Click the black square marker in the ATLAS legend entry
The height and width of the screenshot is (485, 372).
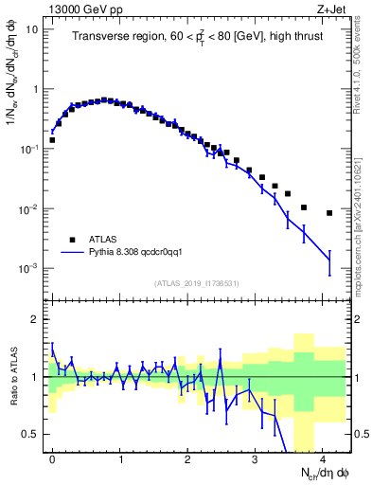(x=72, y=240)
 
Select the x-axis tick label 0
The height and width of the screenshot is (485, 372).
(x=52, y=456)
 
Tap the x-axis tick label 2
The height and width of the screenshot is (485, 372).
(x=187, y=456)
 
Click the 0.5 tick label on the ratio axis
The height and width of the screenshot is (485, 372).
(x=31, y=434)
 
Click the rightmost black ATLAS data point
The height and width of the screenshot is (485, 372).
(x=329, y=213)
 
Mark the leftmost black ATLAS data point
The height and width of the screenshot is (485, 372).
(x=52, y=140)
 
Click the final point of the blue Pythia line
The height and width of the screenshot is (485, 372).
(x=329, y=260)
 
